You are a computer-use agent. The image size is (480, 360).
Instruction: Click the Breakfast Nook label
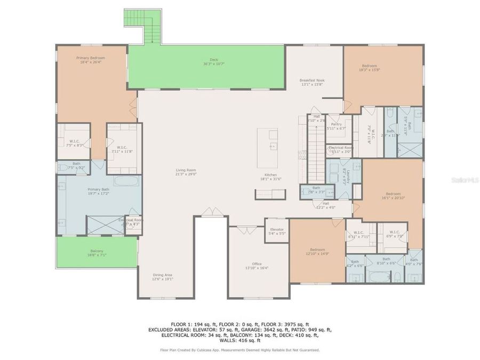312,81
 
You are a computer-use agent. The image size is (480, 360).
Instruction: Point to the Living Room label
183,171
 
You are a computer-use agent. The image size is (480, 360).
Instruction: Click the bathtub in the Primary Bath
125,180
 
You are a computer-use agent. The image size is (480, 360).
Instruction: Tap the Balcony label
97,251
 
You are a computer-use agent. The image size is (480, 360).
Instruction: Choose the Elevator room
276,231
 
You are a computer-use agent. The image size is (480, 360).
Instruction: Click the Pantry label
336,124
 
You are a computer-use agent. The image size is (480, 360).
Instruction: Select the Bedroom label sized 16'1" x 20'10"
393,194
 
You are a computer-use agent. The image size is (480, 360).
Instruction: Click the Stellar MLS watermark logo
465,180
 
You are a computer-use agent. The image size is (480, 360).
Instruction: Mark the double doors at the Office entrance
246,230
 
